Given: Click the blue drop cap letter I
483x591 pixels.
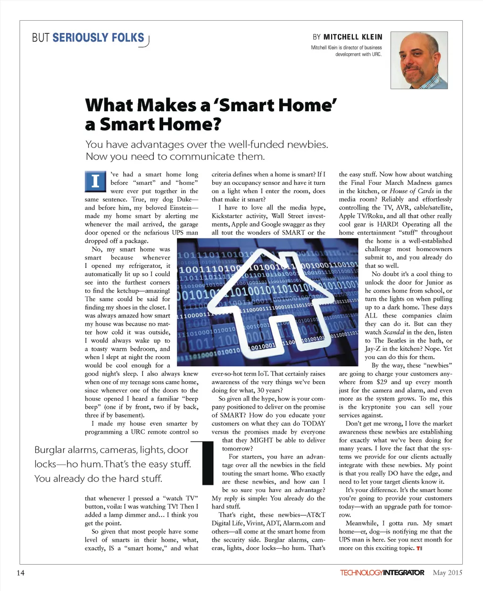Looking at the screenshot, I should pos(95,181).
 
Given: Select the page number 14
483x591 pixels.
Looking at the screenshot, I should pos(20,573).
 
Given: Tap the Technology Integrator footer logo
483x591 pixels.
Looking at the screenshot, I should pos(382,573).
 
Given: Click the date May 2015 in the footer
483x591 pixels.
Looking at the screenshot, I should pos(447,573).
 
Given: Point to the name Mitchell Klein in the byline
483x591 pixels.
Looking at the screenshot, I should pos(353,37).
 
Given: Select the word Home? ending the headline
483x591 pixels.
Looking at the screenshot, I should pos(194,124).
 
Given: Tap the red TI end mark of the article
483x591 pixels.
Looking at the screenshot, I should pos(419,549).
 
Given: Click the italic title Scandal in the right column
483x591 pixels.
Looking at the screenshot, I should pos(394,332).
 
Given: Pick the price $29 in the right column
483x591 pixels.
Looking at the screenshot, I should pos(382,382).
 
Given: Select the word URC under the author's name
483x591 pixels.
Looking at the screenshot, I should pos(376,54).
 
